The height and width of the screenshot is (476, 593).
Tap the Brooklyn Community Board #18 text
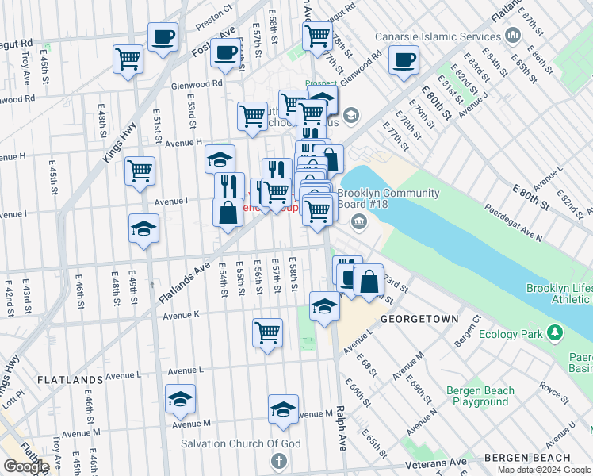click(388, 199)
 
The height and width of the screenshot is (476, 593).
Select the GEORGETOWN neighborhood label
click(419, 318)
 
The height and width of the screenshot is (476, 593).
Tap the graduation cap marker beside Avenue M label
click(283, 409)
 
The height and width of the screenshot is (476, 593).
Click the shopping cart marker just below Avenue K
click(267, 332)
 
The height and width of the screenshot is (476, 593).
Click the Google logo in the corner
click(26, 466)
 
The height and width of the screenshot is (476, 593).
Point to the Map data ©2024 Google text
click(545, 470)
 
